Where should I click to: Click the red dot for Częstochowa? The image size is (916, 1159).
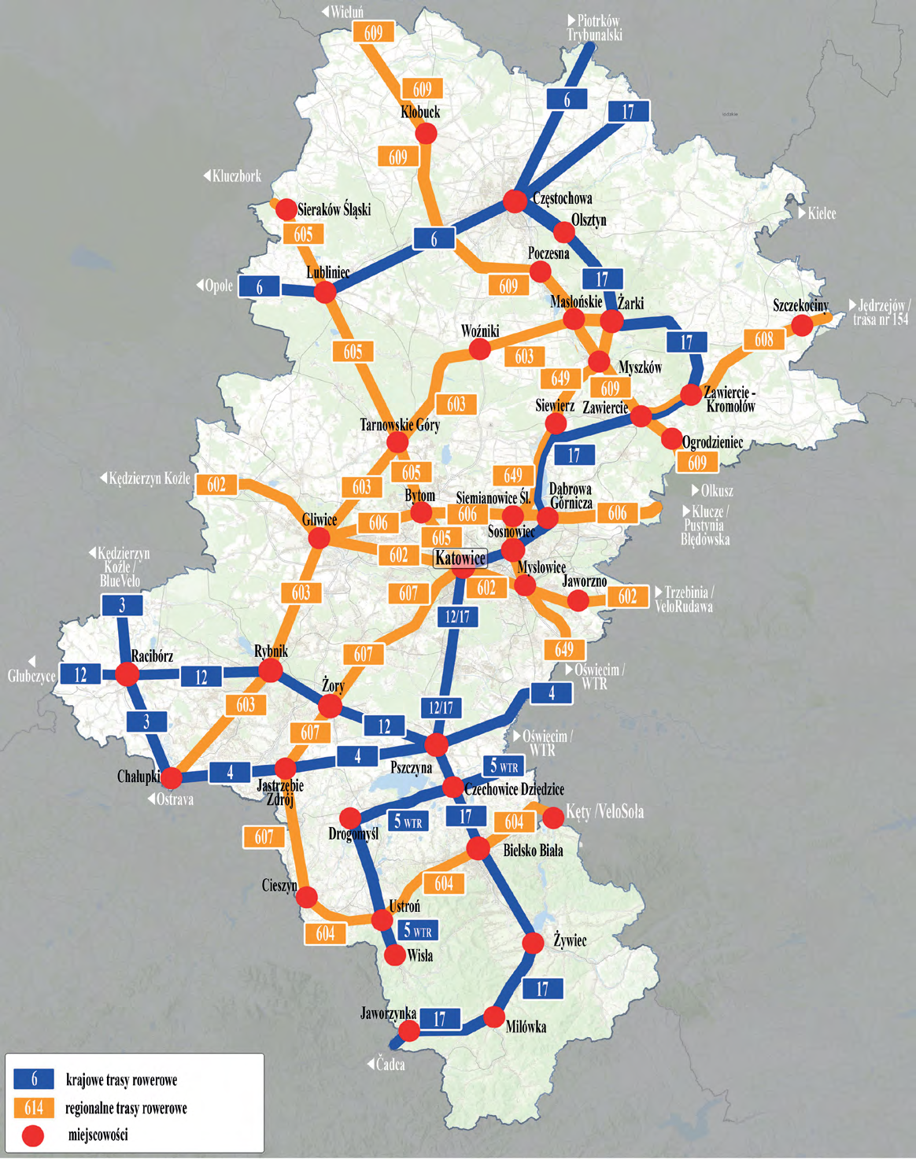click(515, 201)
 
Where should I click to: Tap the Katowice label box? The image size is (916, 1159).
click(460, 558)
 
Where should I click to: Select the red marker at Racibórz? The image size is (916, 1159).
click(127, 674)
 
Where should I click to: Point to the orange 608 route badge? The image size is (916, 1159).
click(763, 339)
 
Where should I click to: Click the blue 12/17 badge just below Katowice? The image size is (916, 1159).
click(457, 616)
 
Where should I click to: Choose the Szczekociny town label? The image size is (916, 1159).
click(800, 305)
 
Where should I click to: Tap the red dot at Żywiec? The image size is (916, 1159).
click(533, 943)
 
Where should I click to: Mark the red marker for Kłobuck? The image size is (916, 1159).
click(426, 134)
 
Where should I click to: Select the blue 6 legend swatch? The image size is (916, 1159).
click(34, 1080)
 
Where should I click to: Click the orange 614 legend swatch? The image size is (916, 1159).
click(34, 1108)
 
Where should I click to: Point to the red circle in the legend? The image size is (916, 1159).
click(33, 1135)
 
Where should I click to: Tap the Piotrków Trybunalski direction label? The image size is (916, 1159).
click(595, 28)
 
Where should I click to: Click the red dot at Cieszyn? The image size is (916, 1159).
click(307, 896)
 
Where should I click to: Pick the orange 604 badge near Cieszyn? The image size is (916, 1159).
click(325, 933)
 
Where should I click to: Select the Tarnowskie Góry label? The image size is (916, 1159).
click(400, 425)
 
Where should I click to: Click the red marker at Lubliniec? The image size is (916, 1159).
click(325, 293)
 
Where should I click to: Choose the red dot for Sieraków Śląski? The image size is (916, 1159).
click(286, 209)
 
